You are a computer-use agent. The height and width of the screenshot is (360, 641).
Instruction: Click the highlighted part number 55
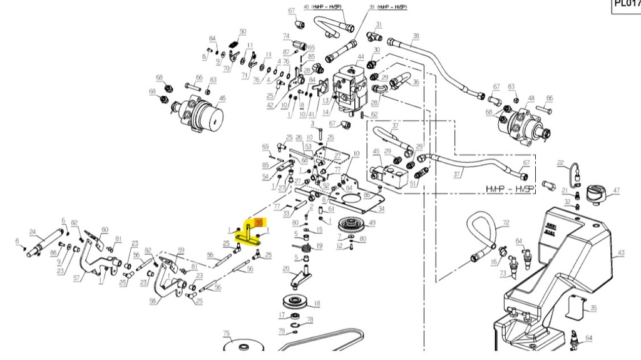(259, 222)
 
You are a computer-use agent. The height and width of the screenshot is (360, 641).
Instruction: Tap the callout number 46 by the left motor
(223, 98)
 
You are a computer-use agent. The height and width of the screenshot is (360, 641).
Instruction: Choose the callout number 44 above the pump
(361, 57)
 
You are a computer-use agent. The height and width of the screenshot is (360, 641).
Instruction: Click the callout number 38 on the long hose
(416, 36)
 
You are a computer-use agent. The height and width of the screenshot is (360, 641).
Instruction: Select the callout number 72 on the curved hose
(506, 222)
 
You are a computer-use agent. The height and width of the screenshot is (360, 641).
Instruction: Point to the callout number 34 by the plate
(381, 208)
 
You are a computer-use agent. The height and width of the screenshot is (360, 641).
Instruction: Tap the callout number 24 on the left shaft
(32, 230)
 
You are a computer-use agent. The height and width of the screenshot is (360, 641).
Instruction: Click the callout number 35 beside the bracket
(593, 308)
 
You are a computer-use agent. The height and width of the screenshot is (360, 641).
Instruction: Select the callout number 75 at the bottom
(227, 334)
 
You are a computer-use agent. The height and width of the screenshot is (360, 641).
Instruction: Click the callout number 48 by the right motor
(531, 98)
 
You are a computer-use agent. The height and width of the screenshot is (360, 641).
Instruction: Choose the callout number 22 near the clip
(561, 163)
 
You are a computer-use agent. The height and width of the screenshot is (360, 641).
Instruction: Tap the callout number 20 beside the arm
(285, 269)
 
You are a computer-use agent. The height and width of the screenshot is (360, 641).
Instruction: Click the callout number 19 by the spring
(319, 246)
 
